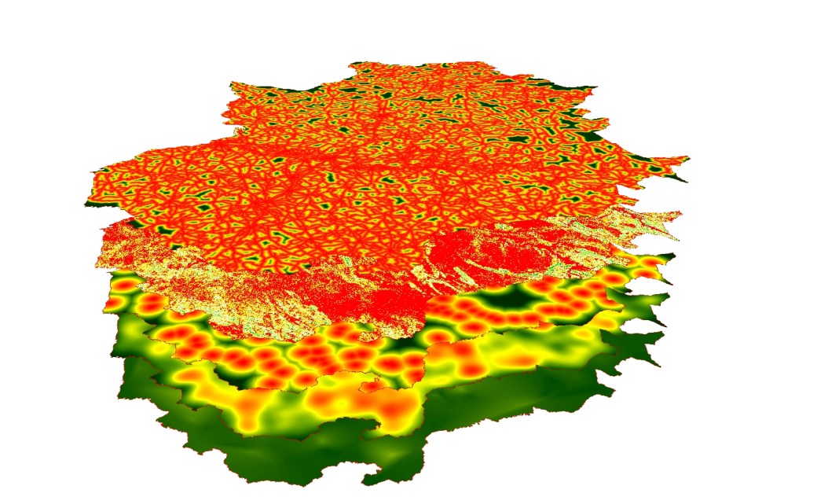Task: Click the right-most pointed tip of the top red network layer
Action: [688, 159]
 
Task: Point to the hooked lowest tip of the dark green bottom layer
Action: [368, 479]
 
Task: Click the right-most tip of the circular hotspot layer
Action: [674, 256]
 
